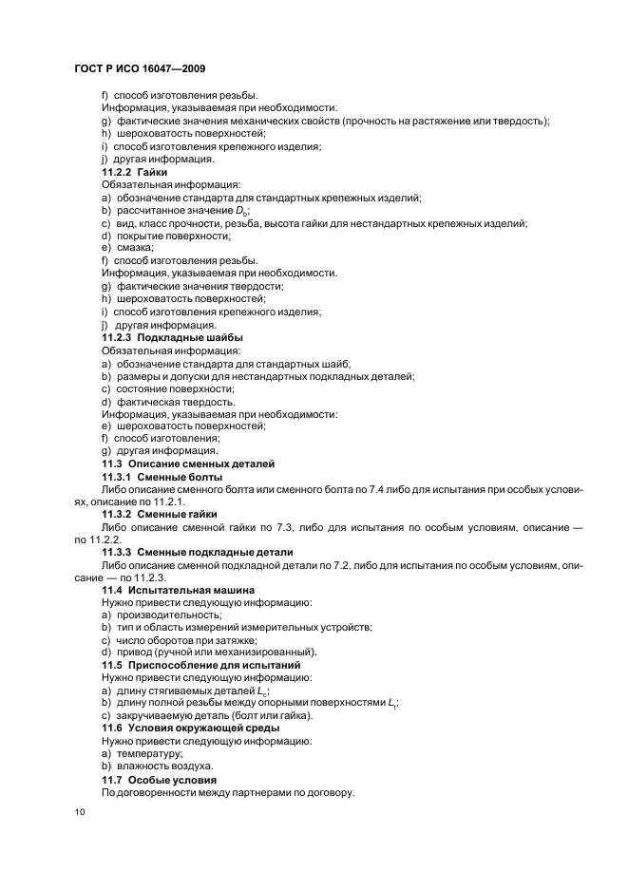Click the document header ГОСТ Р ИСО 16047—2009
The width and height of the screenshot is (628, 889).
[x=140, y=69]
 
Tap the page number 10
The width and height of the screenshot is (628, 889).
[x=80, y=812]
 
